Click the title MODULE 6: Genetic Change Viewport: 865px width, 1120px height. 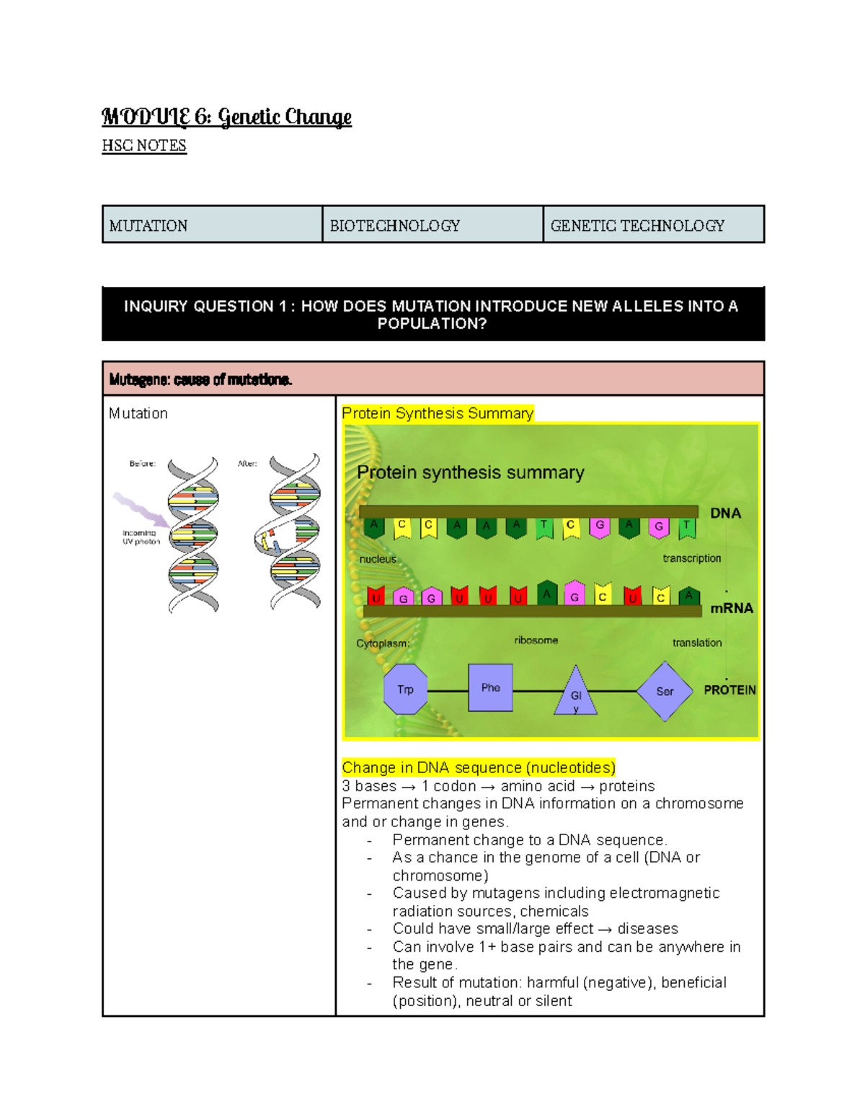[x=226, y=117]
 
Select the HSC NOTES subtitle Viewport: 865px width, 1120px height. [x=144, y=146]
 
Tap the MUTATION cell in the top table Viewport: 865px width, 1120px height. [x=212, y=225]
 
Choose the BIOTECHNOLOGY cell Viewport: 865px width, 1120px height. [x=432, y=225]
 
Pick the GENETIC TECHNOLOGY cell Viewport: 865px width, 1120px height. [x=653, y=225]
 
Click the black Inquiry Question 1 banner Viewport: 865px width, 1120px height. [x=432, y=314]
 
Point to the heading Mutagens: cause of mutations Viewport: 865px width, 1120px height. [x=200, y=379]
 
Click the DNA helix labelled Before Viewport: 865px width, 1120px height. [x=193, y=534]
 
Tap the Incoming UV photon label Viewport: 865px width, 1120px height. [x=141, y=537]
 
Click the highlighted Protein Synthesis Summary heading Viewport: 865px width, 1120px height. [x=438, y=413]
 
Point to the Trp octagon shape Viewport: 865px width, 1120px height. [x=405, y=690]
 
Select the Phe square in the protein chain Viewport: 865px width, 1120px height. [x=490, y=688]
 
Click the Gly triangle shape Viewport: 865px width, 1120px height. [x=575, y=694]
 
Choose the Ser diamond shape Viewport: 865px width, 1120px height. [x=664, y=692]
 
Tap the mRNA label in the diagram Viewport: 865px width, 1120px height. [x=731, y=608]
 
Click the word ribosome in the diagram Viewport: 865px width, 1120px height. [x=536, y=640]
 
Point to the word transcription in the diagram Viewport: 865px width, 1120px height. [x=691, y=558]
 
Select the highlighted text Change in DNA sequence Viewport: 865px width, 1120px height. [x=478, y=767]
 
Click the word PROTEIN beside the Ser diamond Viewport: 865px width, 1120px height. [x=729, y=690]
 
